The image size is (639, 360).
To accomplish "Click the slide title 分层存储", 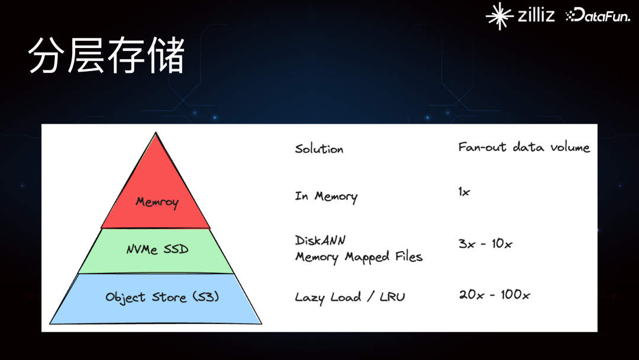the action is [106, 56].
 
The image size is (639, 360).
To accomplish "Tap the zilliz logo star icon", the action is [499, 16].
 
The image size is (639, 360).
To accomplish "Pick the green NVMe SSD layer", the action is [157, 250].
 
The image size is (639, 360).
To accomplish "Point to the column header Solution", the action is [319, 149].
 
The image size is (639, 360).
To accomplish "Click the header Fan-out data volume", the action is [524, 147].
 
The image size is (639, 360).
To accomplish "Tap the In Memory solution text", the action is [326, 197].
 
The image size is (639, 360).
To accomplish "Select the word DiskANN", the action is [320, 240].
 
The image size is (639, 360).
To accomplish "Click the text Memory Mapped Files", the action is [359, 258].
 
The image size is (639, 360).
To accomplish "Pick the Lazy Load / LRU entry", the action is [350, 297].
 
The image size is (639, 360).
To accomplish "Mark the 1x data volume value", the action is [464, 192].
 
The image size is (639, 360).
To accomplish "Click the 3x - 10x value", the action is [485, 243].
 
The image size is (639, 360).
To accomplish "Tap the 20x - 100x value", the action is [494, 294].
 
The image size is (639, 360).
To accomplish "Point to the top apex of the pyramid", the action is [156, 134].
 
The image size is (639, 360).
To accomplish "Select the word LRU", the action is [392, 297].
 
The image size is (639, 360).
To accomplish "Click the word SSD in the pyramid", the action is [176, 250].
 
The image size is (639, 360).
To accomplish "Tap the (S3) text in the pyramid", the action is [207, 297].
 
